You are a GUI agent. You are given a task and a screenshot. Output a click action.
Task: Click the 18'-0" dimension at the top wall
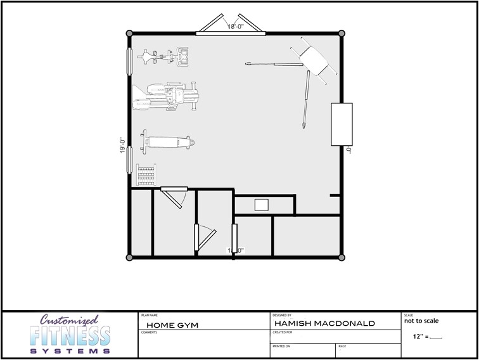point(236,27)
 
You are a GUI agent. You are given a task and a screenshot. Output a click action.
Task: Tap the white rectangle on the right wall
point(342,124)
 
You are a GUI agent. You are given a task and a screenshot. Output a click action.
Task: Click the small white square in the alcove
point(262,205)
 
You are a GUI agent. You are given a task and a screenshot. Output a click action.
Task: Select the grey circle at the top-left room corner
point(129,33)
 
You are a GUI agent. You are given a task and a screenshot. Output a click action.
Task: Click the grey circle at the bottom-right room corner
point(342,257)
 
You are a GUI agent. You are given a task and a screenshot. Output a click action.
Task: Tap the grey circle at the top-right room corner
point(342,33)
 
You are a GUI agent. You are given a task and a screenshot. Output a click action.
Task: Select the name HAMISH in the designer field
point(295,323)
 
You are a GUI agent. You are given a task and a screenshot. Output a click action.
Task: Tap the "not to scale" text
point(421,321)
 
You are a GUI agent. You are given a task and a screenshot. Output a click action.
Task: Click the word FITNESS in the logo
point(70,335)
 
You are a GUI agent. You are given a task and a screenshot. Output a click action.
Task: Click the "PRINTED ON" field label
point(281,346)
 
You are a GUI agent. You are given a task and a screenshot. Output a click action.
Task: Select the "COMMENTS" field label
point(149,332)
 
